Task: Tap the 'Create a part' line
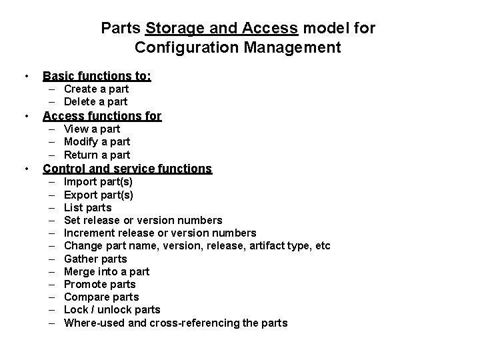96,89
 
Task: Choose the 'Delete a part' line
95,101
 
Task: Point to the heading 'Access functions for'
102,115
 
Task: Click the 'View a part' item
92,129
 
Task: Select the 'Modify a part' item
97,141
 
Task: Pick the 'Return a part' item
97,155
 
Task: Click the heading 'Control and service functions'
127,169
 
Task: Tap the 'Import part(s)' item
98,182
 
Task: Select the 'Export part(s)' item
98,195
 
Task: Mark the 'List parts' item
87,207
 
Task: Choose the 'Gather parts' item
95,259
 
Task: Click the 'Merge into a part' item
107,271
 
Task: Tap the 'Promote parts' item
99,284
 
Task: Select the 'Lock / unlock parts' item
112,310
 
